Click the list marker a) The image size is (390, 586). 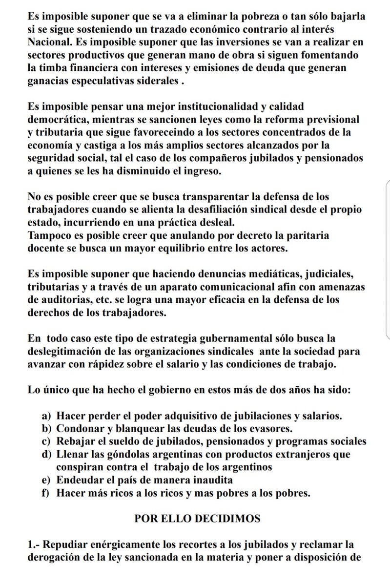pos(46,416)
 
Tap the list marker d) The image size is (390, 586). pos(46,454)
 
